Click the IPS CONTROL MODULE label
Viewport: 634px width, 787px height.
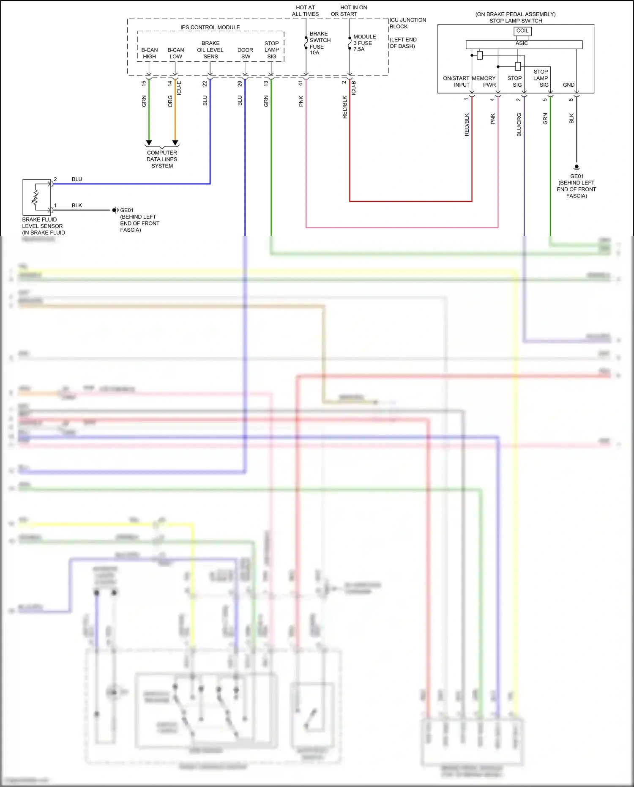210,27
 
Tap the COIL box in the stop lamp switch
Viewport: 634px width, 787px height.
522,31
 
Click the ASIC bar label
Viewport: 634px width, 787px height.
522,44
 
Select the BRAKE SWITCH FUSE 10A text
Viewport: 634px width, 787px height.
320,43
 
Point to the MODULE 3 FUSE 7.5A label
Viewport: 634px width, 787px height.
364,43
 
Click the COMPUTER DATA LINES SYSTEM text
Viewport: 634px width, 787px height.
162,159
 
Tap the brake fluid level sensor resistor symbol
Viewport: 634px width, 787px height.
36,197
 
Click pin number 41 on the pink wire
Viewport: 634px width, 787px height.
301,83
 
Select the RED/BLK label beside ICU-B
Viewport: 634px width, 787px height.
345,107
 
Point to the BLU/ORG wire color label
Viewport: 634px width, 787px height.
519,125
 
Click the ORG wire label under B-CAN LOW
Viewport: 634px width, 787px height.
170,101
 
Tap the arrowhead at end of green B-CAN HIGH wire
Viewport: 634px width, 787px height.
149,143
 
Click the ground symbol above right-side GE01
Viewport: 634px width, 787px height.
577,167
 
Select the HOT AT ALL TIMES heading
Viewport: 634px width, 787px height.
305,11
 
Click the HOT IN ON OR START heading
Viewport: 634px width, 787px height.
349,11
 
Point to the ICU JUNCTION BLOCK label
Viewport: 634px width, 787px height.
407,23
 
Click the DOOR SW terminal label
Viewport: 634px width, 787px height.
245,53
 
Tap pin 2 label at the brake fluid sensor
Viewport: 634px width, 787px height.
55,179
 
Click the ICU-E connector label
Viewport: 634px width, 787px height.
179,88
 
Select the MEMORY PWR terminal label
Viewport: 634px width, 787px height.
484,82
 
